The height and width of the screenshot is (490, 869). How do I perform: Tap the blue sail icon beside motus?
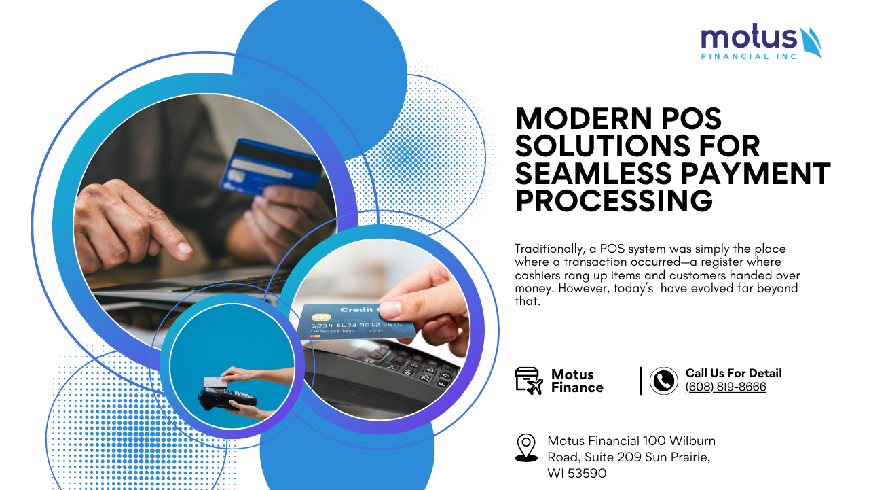[811, 42]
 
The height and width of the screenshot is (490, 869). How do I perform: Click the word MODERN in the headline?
[584, 118]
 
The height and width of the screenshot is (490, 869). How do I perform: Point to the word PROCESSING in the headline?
[614, 200]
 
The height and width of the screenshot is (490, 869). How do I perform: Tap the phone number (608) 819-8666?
[726, 387]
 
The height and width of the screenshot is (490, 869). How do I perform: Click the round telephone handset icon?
[663, 381]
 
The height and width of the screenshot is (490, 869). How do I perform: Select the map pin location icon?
[526, 448]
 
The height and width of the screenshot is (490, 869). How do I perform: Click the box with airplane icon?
[529, 381]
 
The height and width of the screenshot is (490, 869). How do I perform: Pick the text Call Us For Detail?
[733, 373]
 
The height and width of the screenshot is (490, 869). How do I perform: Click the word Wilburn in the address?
[692, 441]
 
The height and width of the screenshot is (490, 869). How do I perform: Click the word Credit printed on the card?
[357, 309]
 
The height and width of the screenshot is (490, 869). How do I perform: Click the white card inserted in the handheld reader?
[215, 382]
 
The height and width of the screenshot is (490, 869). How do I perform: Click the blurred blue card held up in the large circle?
[270, 167]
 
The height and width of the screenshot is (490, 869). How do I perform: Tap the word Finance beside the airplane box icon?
[577, 387]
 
